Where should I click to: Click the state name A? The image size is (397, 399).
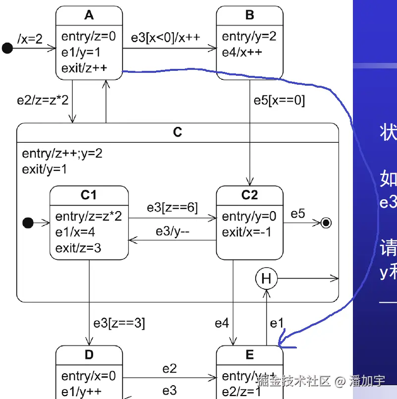[89, 15]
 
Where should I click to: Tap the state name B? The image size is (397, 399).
[250, 15]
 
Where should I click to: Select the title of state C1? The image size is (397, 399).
[89, 195]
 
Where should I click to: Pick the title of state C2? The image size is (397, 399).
[249, 195]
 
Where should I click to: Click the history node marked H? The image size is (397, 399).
[266, 279]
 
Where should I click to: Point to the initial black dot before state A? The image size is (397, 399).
[7, 48]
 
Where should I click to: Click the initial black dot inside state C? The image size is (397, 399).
[28, 223]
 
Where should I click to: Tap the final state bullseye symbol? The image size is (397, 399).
[326, 223]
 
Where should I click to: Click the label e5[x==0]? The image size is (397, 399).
[280, 101]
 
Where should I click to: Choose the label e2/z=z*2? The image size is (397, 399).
[43, 100]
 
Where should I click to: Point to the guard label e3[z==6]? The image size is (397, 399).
[172, 208]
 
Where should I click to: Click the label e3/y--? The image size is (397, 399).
[173, 231]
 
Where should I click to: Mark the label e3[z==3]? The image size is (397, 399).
[119, 323]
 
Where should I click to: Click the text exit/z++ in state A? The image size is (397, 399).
[84, 68]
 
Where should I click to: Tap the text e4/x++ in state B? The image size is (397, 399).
[242, 52]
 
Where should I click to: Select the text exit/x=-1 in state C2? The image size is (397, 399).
[247, 232]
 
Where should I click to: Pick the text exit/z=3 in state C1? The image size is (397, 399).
[78, 247]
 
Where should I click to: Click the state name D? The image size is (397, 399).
[89, 355]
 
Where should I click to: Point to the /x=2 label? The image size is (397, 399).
[30, 38]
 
